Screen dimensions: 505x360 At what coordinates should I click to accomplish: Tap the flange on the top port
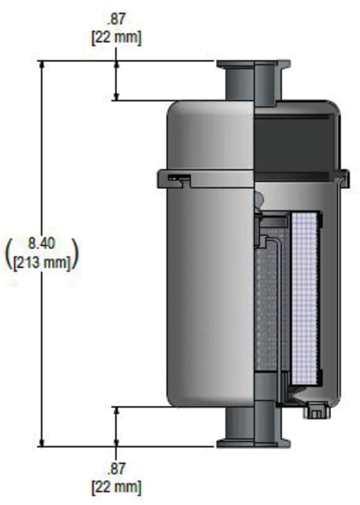click(254, 64)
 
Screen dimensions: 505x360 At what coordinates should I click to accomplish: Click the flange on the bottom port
click(254, 442)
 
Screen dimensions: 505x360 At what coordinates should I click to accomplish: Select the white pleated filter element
click(305, 299)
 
